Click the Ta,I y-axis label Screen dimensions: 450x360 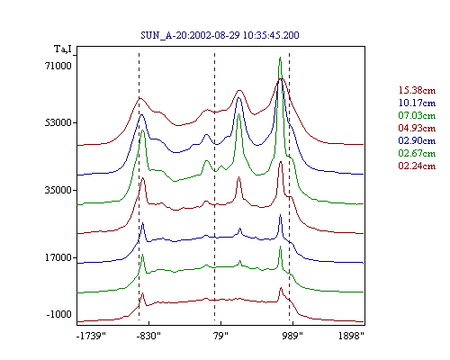pos(63,49)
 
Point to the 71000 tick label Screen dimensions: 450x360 pos(58,66)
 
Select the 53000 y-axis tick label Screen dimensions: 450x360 pos(58,122)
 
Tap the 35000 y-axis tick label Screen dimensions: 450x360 pos(58,190)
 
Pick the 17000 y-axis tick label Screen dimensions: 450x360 pos(58,257)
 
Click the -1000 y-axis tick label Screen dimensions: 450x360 pos(59,314)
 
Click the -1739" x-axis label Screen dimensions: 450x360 pos(92,336)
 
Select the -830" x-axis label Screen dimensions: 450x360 pos(148,336)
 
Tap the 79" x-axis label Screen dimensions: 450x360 pos(220,336)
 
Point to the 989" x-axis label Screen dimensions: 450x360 pos(292,336)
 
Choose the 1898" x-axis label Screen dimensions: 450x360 pos(351,336)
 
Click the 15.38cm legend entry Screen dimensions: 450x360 pos(417,90)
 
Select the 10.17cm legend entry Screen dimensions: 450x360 pos(417,103)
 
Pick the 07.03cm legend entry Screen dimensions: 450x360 pos(417,115)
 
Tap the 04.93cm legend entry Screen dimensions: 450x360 pos(417,128)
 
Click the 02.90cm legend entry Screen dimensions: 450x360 pos(417,140)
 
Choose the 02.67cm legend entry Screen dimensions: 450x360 pos(417,153)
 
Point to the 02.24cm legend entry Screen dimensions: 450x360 pos(417,166)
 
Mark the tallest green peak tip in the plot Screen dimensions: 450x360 pos(280,57)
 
